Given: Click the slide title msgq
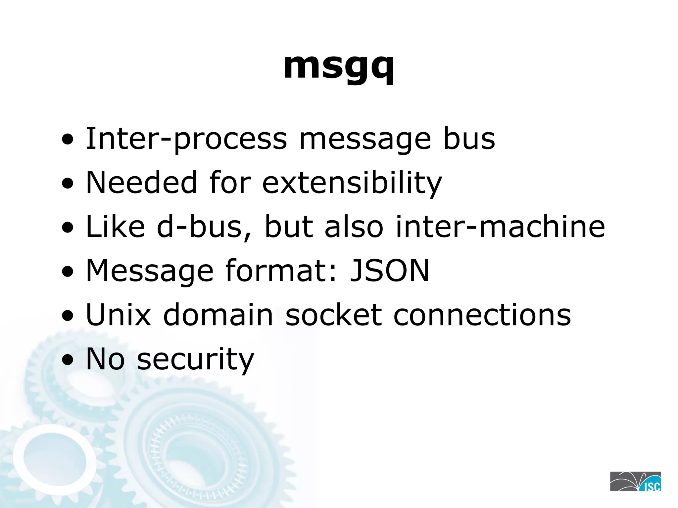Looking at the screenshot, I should pyautogui.click(x=339, y=66).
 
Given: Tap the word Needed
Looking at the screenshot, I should pyautogui.click(x=142, y=183).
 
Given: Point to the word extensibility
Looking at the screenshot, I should pyautogui.click(x=352, y=183).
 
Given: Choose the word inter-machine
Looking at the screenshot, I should pyautogui.click(x=500, y=227).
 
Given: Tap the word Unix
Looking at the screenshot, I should pyautogui.click(x=118, y=315).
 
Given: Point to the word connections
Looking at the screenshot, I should pyautogui.click(x=482, y=315).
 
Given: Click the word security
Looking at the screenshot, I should pyautogui.click(x=195, y=359).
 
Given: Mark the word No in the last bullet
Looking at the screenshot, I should pyautogui.click(x=105, y=359).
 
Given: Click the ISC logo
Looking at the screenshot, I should pyautogui.click(x=635, y=481).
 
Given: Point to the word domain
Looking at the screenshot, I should pyautogui.click(x=218, y=315).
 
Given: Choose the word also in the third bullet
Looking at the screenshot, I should pyautogui.click(x=354, y=227).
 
